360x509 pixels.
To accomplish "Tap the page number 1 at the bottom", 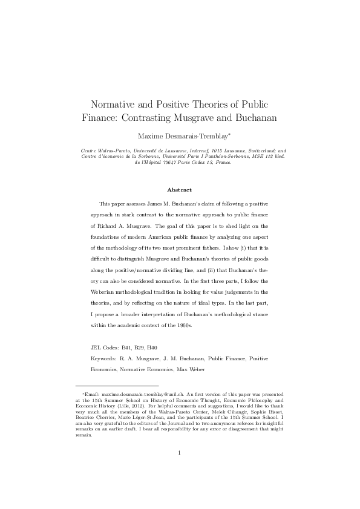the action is tap(180, 469).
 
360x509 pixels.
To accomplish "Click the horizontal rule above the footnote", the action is tap(116, 386).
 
